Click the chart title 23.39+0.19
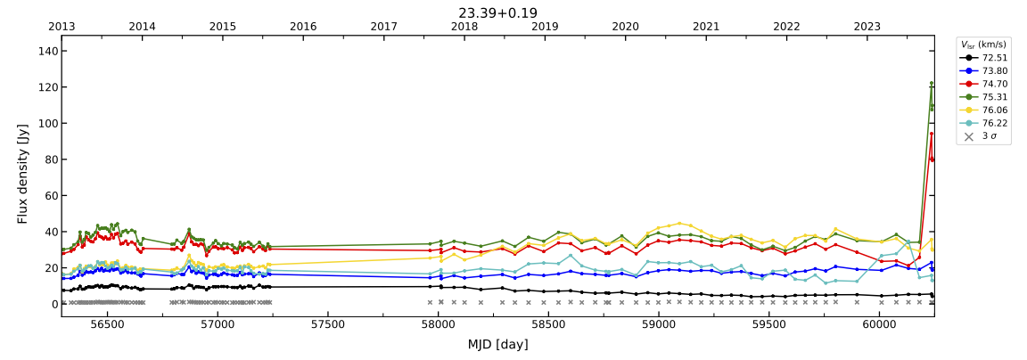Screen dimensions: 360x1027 point(497,12)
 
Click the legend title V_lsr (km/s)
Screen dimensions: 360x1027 point(983,45)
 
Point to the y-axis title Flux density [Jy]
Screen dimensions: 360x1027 point(23,174)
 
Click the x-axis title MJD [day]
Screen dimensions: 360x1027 point(497,345)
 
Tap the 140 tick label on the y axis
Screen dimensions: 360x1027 point(47,52)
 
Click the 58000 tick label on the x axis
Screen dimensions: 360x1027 point(438,326)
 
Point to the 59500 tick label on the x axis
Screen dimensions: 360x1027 point(768,326)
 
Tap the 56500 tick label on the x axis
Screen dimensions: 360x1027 point(107,326)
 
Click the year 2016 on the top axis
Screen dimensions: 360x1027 point(303,27)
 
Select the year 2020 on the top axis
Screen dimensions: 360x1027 point(625,27)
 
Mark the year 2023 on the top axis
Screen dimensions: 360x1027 point(867,27)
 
